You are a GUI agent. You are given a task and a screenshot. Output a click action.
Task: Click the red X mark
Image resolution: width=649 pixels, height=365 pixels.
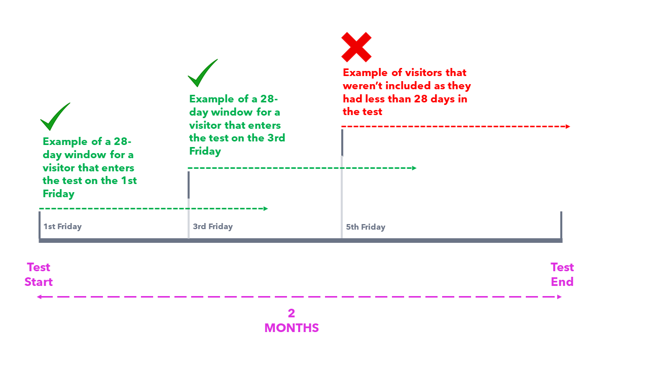[356, 47]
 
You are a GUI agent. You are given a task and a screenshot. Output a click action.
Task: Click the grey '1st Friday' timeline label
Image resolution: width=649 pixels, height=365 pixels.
[62, 226]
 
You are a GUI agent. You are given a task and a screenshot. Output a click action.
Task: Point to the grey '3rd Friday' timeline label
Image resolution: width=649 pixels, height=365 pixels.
[213, 226]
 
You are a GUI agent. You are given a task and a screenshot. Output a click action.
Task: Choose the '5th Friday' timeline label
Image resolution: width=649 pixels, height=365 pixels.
[366, 227]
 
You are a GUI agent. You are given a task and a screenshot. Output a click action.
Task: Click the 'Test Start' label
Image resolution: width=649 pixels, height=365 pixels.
[39, 274]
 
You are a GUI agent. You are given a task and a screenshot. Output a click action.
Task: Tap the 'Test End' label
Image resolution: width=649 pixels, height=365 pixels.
[562, 274]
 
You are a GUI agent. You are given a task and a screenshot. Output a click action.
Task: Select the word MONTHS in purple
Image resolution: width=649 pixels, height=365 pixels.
[292, 328]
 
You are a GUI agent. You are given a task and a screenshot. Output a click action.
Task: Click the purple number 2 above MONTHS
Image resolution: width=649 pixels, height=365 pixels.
[292, 313]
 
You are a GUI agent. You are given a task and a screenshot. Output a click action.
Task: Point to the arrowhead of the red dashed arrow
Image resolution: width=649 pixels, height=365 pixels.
[568, 126]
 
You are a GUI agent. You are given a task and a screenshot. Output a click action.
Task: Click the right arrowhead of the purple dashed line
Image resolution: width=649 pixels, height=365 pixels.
[559, 297]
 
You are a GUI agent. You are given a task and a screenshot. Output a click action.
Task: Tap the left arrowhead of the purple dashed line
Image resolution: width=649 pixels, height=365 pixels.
[40, 297]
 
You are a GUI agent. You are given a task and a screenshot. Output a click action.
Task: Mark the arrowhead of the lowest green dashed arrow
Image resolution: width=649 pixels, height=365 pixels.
[266, 208]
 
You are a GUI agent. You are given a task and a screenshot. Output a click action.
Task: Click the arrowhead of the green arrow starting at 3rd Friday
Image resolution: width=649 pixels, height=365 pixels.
[414, 168]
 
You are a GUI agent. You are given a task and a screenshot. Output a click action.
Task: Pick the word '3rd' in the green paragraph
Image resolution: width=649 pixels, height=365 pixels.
[276, 138]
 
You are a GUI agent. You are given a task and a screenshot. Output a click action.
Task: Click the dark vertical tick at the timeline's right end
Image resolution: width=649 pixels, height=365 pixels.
[561, 226]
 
